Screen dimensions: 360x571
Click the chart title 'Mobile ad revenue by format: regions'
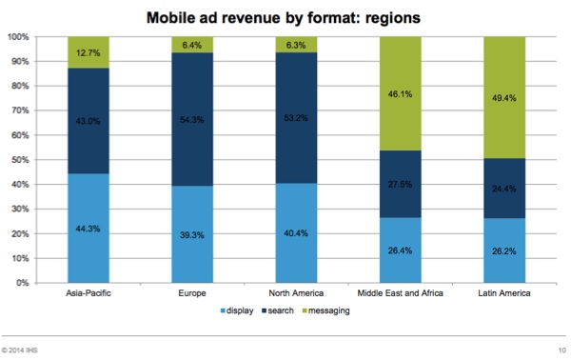pos(285,17)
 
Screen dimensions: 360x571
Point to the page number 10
pos(559,350)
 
